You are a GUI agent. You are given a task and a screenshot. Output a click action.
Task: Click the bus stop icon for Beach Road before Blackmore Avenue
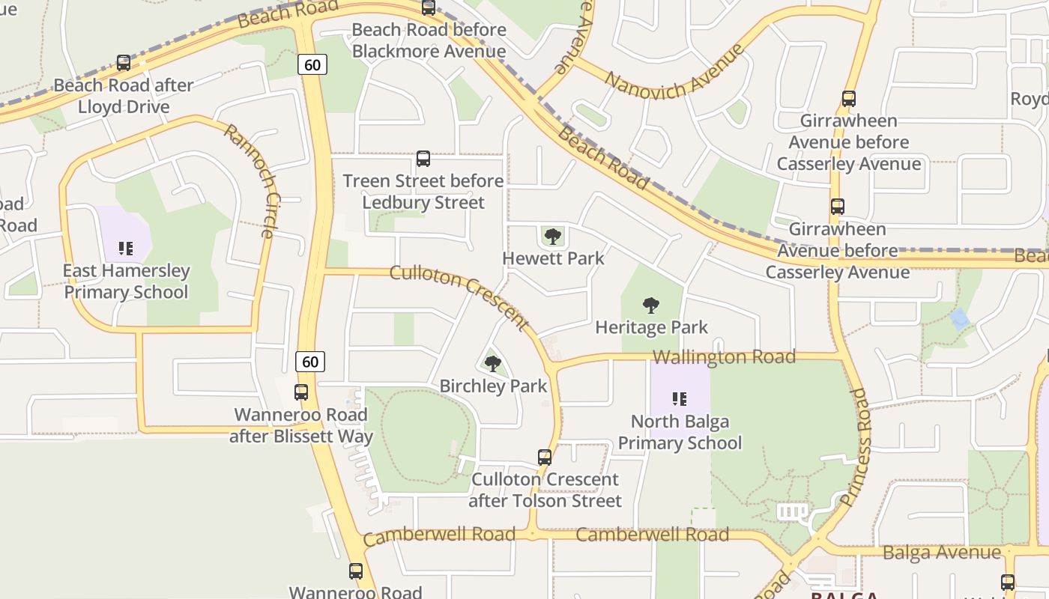pyautogui.click(x=429, y=8)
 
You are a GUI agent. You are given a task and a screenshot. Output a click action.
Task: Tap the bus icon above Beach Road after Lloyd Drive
pyautogui.click(x=124, y=64)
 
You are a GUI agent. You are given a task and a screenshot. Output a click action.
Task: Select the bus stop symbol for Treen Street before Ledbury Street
pyautogui.click(x=423, y=159)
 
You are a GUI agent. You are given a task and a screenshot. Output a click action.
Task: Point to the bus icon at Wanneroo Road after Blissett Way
pyautogui.click(x=301, y=392)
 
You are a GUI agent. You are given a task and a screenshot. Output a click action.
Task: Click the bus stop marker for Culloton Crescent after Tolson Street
pyautogui.click(x=545, y=457)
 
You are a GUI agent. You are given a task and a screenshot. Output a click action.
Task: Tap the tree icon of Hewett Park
pyautogui.click(x=553, y=237)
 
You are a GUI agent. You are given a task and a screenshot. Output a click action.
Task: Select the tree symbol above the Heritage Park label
pyautogui.click(x=651, y=305)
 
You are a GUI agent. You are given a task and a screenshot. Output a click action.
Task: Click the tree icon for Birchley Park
pyautogui.click(x=492, y=365)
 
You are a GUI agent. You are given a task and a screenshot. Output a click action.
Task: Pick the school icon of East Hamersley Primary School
pyautogui.click(x=126, y=249)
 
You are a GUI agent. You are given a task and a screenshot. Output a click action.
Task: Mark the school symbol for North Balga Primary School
pyautogui.click(x=680, y=399)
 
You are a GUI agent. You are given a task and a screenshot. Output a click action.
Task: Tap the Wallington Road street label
pyautogui.click(x=725, y=358)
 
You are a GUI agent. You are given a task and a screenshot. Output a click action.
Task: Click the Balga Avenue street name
pyautogui.click(x=942, y=553)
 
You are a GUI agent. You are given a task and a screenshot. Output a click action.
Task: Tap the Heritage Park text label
pyautogui.click(x=651, y=328)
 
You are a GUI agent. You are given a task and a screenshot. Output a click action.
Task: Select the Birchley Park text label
pyautogui.click(x=493, y=386)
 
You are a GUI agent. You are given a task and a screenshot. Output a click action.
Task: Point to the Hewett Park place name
pyautogui.click(x=553, y=258)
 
